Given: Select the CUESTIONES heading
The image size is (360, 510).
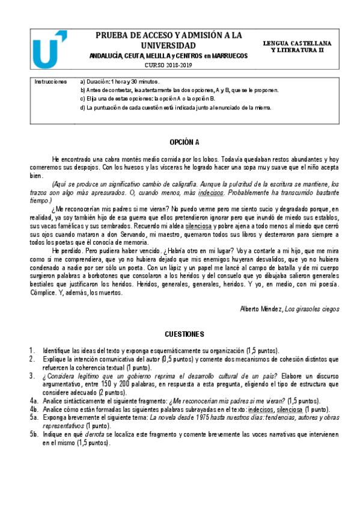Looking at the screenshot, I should (185, 333).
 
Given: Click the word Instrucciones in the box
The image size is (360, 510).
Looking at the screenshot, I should (50, 81).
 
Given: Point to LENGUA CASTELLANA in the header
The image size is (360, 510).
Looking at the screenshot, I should (296, 45).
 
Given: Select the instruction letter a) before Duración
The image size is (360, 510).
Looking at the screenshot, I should (82, 81).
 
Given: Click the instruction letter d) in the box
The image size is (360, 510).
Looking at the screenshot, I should (82, 108).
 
